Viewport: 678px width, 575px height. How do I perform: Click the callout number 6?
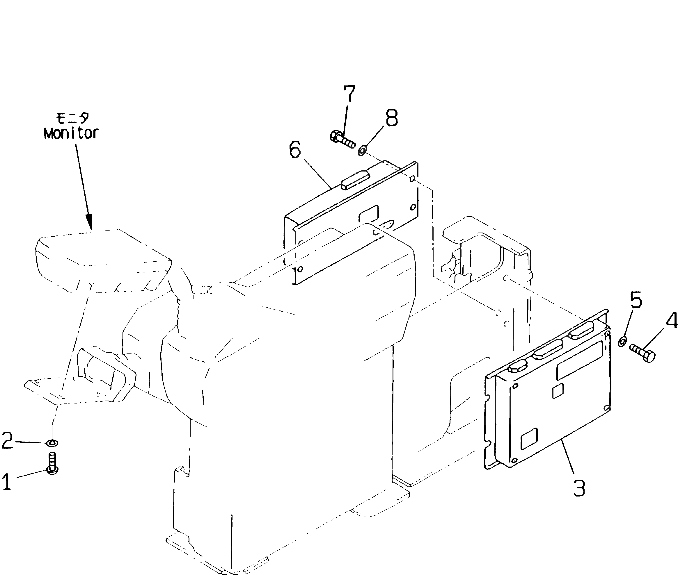[295, 151]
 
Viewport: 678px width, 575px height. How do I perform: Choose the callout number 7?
[349, 94]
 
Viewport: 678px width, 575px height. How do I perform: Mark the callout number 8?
[392, 118]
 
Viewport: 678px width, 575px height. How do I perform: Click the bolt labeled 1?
[52, 463]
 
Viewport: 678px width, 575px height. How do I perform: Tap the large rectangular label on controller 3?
[579, 361]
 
